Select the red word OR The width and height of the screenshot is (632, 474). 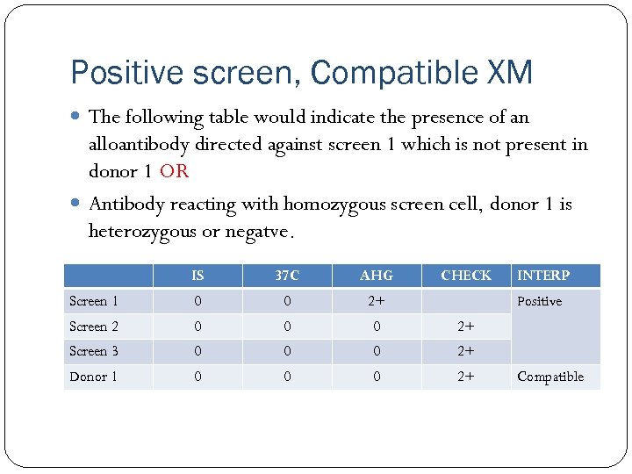coord(174,171)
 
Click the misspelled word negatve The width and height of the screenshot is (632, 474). coord(262,233)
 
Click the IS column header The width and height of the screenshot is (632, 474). coord(197,276)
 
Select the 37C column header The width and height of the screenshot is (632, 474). coord(287,276)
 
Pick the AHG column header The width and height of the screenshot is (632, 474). coord(377,276)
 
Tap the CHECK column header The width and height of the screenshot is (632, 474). coord(466,276)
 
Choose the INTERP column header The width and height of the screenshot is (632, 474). coord(543,276)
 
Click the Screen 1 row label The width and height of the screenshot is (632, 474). coord(94,301)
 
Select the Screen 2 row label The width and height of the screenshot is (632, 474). coord(94,327)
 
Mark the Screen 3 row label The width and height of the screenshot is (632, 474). coord(94,351)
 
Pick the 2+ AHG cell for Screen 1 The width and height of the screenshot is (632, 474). coord(377,301)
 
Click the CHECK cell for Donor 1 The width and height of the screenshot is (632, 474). coord(466,377)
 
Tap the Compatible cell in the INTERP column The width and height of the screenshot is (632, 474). coord(550,377)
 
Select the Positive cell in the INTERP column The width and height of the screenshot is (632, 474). coord(540,301)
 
